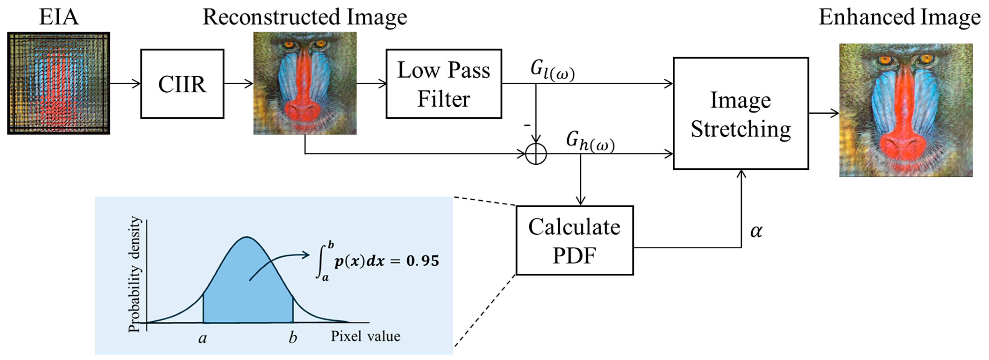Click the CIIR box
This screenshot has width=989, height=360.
[182, 84]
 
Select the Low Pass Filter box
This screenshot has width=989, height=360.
[443, 84]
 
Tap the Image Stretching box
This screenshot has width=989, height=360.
[741, 114]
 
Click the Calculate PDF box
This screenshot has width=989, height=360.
[574, 240]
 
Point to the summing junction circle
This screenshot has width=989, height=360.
[536, 154]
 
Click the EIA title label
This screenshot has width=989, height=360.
[59, 17]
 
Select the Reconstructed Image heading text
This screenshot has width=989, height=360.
[304, 17]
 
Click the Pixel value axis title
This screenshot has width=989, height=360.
[365, 336]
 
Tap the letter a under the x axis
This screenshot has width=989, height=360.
[202, 338]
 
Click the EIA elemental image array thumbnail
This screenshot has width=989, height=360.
[59, 83]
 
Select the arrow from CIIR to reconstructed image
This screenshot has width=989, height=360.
[238, 84]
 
